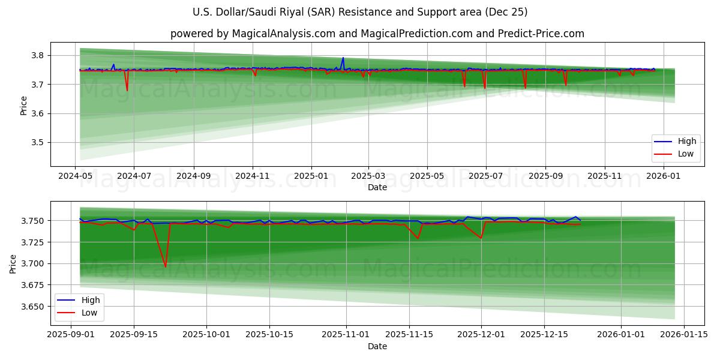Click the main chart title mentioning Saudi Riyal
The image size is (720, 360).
[360, 12]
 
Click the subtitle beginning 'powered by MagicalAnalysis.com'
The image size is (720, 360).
[377, 34]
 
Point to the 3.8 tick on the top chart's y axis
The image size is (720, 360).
[37, 55]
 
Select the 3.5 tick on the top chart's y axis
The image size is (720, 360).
[37, 143]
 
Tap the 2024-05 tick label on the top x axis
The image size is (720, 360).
[75, 176]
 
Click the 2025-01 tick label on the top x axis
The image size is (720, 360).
[311, 176]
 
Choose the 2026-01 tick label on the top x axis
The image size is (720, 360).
[664, 176]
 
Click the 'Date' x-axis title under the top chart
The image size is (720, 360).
[377, 187]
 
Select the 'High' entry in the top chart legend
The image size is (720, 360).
[687, 142]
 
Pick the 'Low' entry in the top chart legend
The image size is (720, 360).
[686, 154]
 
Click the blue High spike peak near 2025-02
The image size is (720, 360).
[343, 58]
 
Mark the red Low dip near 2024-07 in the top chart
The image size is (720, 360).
[127, 91]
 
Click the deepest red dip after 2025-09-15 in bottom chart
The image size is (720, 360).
[166, 266]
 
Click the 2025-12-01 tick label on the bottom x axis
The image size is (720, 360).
[481, 335]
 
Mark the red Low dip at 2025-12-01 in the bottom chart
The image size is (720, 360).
[481, 238]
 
